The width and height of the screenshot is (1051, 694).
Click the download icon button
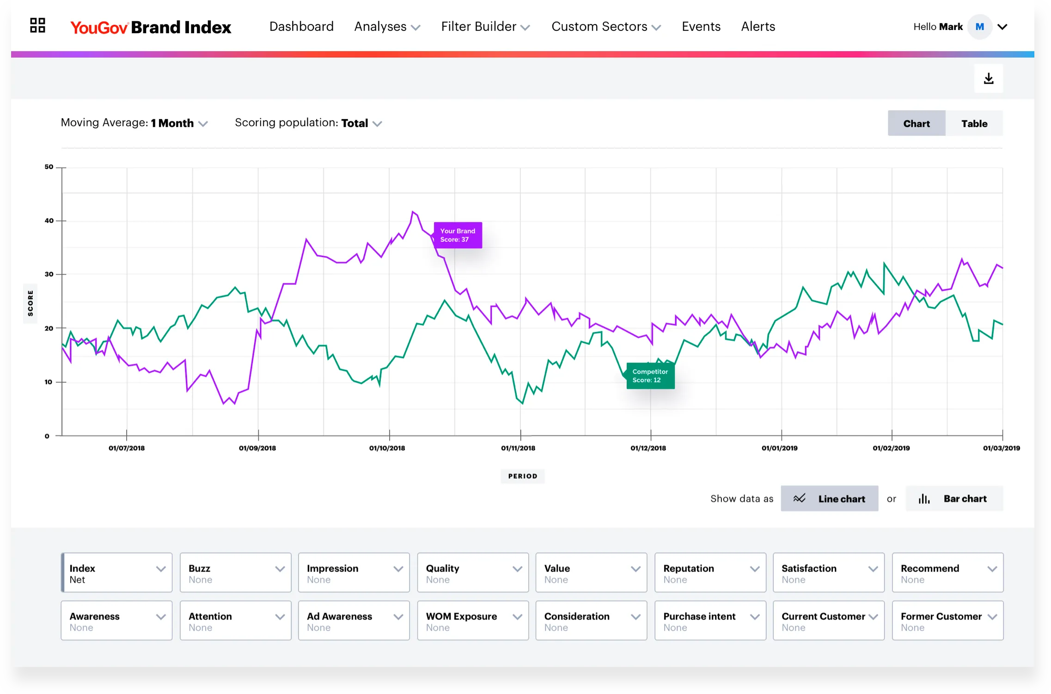coord(988,78)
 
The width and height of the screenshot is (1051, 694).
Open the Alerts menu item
coord(758,27)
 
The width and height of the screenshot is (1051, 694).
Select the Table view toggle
coord(974,123)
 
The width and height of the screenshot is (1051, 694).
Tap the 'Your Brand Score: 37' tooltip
coord(458,235)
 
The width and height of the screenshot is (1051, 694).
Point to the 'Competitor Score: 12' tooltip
coord(650,376)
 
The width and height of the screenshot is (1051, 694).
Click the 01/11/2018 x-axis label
coord(518,448)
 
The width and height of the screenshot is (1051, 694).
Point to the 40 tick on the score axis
coord(49,221)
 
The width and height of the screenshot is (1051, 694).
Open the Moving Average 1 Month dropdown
coord(134,123)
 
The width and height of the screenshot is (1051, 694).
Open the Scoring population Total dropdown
coord(308,123)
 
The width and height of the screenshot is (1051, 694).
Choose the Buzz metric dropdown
coord(235,573)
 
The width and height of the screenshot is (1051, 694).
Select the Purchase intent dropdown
coord(710,621)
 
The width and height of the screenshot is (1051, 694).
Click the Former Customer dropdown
coord(947,621)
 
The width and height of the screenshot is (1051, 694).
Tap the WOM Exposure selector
coord(472,621)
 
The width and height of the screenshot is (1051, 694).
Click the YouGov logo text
coord(99,28)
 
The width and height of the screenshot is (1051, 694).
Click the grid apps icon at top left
coord(37,25)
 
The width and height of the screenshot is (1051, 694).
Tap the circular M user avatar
coord(979,27)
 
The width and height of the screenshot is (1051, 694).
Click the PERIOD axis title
coord(522,476)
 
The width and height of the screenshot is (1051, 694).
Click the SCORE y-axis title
coord(31,303)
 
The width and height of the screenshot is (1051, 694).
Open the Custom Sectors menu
coord(605,27)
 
